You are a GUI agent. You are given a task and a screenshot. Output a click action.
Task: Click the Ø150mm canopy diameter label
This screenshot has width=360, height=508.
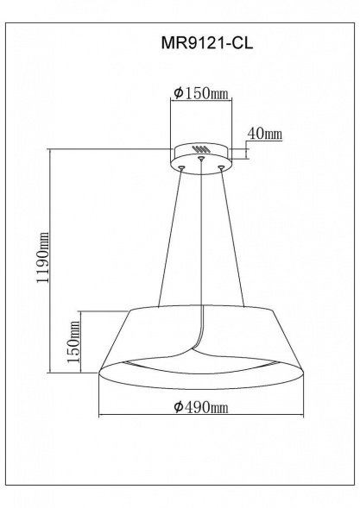[x=200, y=93]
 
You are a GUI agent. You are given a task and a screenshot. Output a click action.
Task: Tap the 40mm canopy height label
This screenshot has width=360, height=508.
[x=265, y=134]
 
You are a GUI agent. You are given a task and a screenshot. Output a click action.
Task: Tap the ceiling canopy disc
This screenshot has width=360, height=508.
[x=200, y=155]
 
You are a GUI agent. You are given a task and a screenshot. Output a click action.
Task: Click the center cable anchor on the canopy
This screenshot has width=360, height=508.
[x=200, y=159]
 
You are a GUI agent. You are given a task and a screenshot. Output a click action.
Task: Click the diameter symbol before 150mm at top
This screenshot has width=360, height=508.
[x=176, y=93]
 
